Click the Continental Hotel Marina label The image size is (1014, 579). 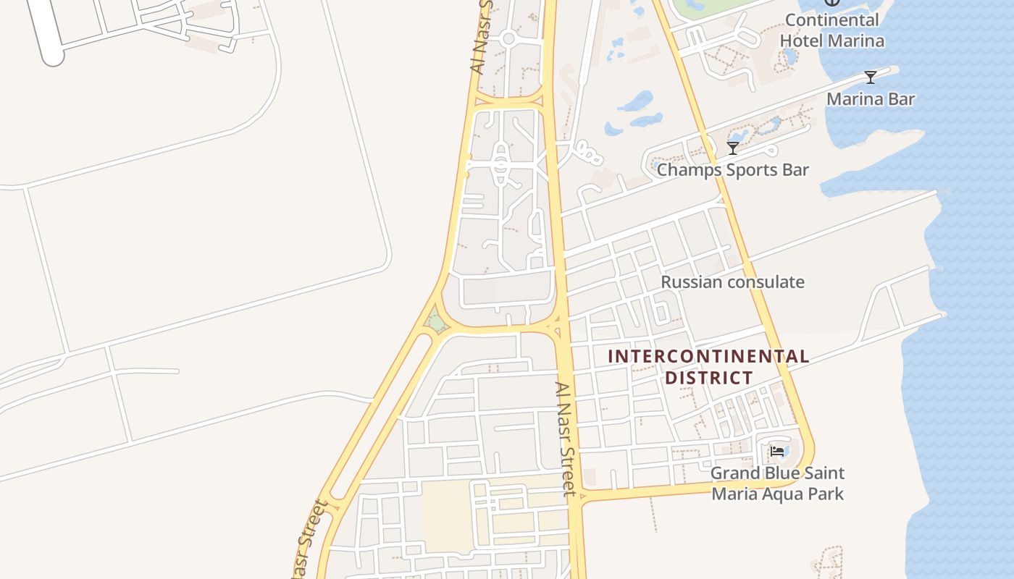831,30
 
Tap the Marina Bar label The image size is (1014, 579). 871,99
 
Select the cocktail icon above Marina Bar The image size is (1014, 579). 871,77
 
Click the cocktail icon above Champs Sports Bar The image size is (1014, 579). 733,148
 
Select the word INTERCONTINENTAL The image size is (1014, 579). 708,356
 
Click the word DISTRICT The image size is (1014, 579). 708,378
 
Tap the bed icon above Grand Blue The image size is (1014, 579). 778,452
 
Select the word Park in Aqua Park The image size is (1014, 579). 826,494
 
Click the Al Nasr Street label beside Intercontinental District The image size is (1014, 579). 566,439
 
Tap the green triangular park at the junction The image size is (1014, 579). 436,320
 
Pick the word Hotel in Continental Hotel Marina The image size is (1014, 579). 801,41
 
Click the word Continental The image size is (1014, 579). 831,20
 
